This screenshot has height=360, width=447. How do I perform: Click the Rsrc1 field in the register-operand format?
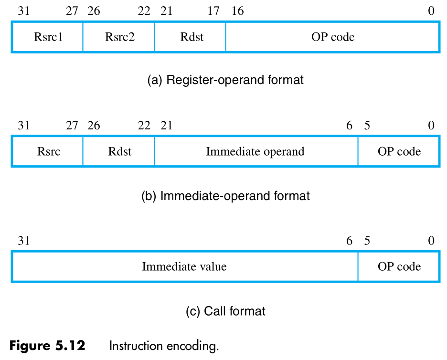47,37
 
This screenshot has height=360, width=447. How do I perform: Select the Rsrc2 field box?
119,37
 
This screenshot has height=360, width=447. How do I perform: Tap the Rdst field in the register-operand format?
190,37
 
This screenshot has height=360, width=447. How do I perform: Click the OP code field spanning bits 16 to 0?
332,37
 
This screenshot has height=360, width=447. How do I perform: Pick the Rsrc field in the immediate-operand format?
47,152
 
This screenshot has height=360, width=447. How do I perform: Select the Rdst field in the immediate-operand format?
119,152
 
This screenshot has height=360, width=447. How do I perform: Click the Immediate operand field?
255,152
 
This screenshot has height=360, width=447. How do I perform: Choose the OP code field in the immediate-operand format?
399,152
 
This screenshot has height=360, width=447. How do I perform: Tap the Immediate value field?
184,266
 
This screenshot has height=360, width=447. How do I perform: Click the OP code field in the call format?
399,266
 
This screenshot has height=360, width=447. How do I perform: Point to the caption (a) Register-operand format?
225,80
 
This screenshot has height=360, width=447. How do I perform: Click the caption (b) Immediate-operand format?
225,196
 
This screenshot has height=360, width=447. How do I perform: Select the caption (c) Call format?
225,311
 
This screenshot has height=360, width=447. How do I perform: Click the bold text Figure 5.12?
47,346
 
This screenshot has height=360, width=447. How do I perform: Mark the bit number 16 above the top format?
237,11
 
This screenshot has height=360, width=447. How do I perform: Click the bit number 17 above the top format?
213,11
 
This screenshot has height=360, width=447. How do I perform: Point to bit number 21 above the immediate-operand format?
166,126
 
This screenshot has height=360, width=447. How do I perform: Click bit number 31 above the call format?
23,241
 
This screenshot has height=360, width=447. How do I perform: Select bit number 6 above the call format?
349,241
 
